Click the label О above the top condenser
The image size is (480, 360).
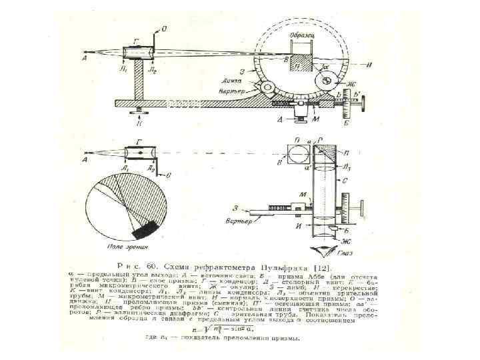pyautogui.click(x=165, y=29)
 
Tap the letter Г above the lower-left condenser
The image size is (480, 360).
pyautogui.click(x=138, y=141)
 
